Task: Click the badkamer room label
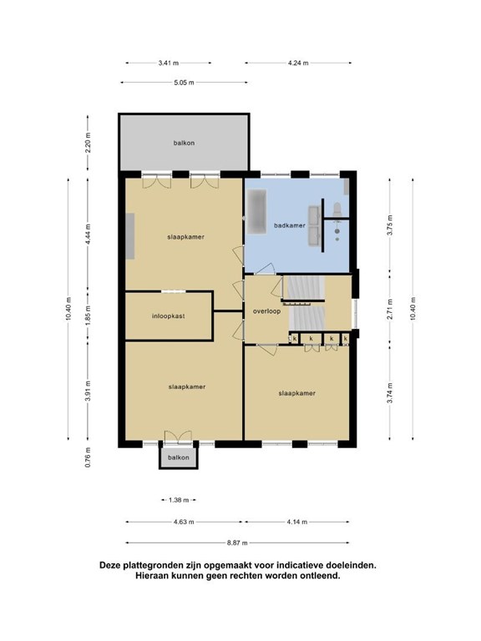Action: [290, 225]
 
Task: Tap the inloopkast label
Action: [169, 316]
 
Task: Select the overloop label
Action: [266, 311]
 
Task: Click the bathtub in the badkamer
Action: [256, 211]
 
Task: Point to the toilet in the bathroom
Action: [337, 209]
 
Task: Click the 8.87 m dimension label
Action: [238, 543]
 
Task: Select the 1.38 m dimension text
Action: [179, 500]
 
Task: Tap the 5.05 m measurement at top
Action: [184, 83]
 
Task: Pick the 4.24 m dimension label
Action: [298, 63]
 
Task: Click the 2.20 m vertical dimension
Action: [88, 143]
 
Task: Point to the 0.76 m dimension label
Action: [88, 457]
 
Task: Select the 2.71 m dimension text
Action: [390, 310]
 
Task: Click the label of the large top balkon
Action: [184, 143]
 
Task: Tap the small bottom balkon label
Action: [179, 457]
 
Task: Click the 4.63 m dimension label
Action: [184, 522]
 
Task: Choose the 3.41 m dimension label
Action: [169, 63]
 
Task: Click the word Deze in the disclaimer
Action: [109, 566]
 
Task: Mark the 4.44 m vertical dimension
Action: [88, 235]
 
